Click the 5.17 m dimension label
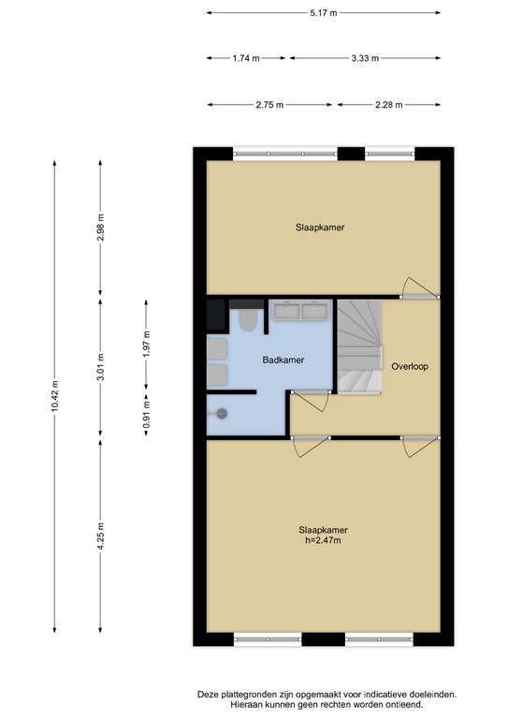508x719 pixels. (324, 13)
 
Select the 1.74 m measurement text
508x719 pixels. (246, 58)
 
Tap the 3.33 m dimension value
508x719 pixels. (365, 58)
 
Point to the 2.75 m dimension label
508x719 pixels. (269, 105)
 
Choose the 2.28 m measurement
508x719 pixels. (389, 105)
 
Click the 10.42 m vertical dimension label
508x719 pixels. (55, 396)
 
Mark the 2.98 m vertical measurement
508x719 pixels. (101, 227)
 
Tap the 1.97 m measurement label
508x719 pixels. (147, 344)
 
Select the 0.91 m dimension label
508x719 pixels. (147, 414)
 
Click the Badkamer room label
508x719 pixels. (283, 359)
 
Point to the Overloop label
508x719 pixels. (410, 366)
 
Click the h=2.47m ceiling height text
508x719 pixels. (324, 540)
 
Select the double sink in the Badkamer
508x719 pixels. (301, 311)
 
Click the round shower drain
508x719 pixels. (222, 414)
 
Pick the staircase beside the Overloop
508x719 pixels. (359, 347)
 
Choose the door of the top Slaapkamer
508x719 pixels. (420, 288)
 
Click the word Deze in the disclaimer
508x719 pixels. (207, 695)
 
